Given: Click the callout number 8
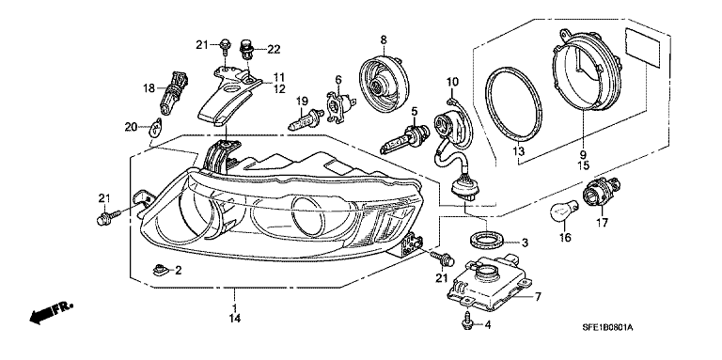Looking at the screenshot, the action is (x=384, y=40).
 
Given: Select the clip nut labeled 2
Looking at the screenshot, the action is (x=158, y=269).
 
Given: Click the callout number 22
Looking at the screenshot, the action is (x=274, y=49).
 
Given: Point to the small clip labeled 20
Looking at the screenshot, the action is (x=156, y=128).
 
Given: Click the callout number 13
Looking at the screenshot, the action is (x=519, y=150).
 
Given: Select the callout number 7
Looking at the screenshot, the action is (x=537, y=296).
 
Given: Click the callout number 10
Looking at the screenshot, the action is (x=452, y=83).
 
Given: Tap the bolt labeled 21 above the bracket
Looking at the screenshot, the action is (x=226, y=48).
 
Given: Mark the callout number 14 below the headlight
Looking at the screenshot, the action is (x=235, y=317).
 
